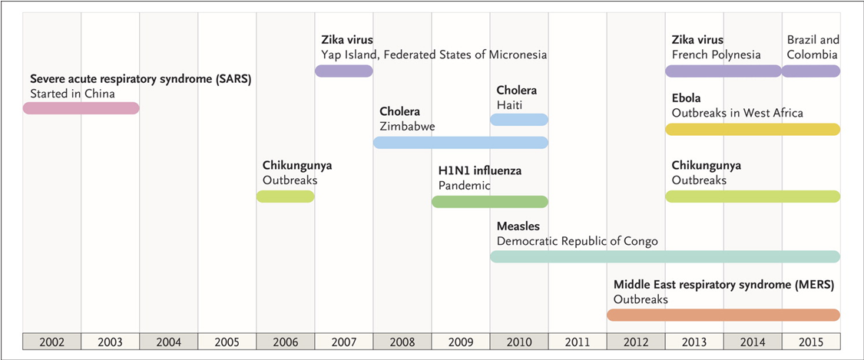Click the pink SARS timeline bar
81,108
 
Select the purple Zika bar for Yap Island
344,71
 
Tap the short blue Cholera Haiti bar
519,119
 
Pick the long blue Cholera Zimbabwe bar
461,142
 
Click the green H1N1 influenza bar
490,202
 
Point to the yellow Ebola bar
753,129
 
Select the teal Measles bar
665,256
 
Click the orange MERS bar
723,315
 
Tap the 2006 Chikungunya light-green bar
286,197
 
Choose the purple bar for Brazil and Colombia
811,71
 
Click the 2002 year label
51,342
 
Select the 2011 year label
578,342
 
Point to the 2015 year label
811,342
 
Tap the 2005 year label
227,342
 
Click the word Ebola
686,98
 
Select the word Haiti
511,105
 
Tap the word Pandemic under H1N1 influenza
464,185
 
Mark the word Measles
518,226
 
